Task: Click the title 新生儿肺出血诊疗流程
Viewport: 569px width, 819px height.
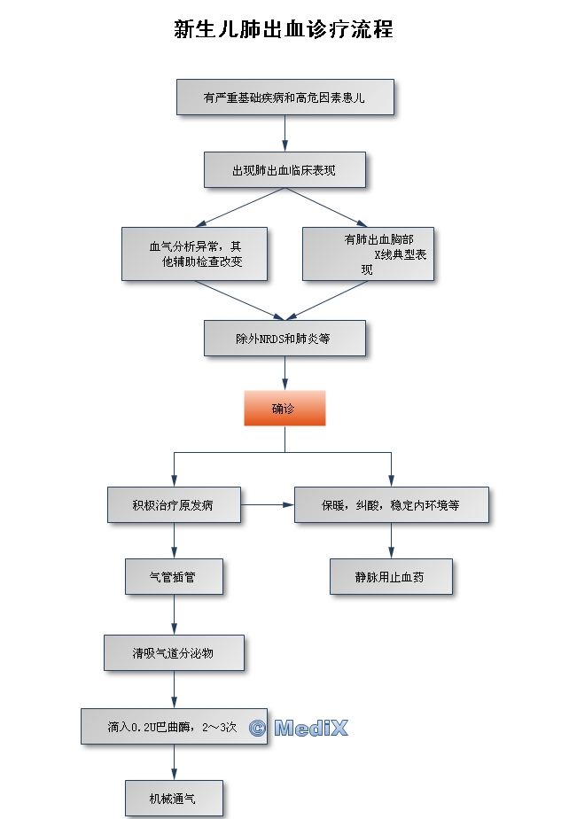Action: [x=284, y=29]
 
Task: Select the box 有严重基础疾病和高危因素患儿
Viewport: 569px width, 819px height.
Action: [x=284, y=97]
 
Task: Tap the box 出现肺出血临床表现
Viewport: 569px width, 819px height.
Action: [x=284, y=169]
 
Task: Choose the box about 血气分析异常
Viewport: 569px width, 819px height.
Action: [x=194, y=253]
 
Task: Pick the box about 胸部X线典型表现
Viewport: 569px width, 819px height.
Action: [x=368, y=253]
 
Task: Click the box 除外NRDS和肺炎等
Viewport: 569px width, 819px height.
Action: [x=284, y=338]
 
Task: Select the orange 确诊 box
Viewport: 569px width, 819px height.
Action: [x=284, y=408]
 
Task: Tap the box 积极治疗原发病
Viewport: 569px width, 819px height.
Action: [x=174, y=505]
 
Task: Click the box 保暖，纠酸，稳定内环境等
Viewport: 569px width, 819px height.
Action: [x=391, y=505]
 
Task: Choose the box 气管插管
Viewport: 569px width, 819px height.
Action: [x=174, y=576]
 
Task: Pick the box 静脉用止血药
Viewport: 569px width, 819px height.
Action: [x=391, y=576]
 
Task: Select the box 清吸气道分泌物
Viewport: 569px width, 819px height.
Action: [x=174, y=652]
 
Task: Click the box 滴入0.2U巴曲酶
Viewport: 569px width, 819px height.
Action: [x=174, y=726]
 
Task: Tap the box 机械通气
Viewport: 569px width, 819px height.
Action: [x=174, y=797]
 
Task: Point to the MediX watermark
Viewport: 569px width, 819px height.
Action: [x=299, y=729]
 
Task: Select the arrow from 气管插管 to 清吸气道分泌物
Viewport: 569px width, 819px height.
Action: [x=174, y=614]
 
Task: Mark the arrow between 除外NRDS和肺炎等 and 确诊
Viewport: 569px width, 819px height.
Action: [x=284, y=372]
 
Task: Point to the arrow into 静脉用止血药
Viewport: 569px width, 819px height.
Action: [x=391, y=541]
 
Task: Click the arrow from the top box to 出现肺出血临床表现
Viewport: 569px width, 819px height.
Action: [x=284, y=133]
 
